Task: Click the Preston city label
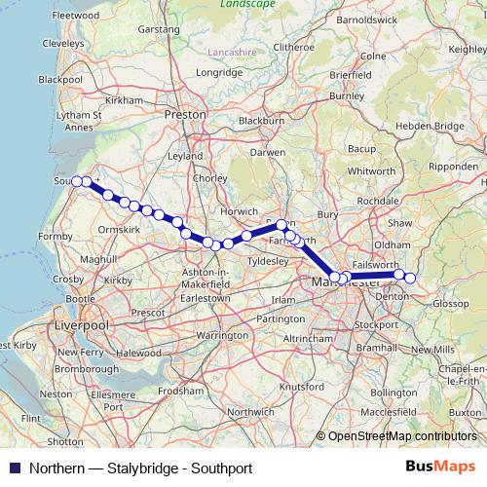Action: pos(186,114)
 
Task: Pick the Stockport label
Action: pos(370,323)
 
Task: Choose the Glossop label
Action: pos(451,304)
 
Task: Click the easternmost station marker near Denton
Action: pos(410,278)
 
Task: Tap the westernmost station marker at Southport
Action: pos(77,180)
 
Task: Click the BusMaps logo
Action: pos(440,468)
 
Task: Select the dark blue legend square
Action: pos(13,468)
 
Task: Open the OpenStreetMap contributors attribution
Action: pos(401,437)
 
